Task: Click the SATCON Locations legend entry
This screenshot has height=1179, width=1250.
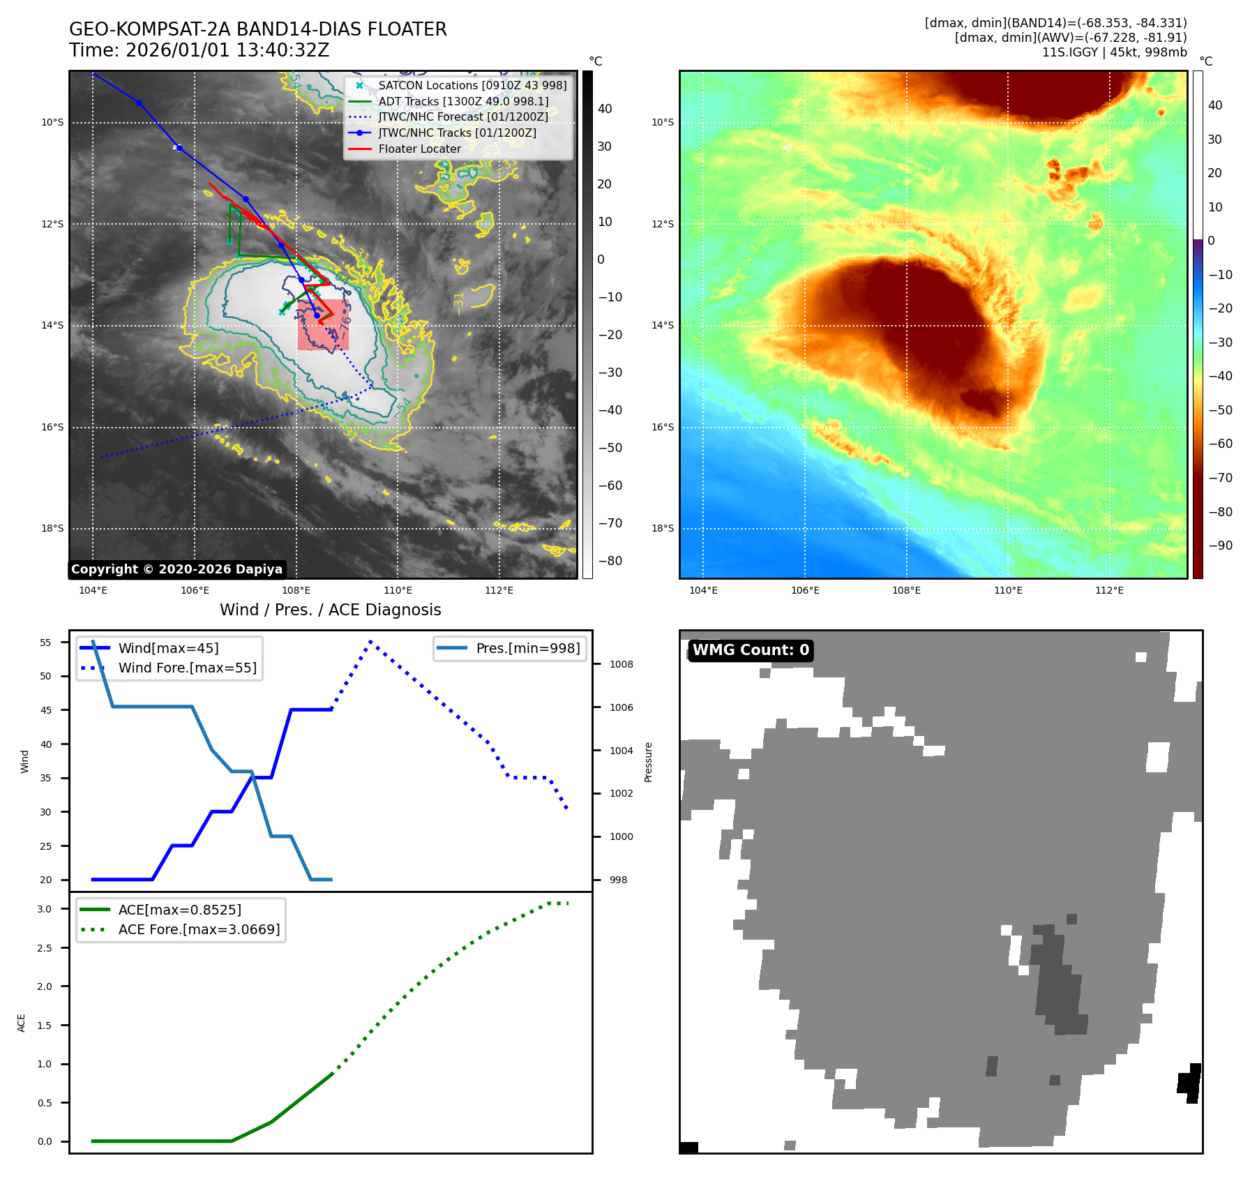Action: click(x=472, y=85)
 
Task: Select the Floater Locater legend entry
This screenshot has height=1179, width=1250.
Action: click(x=419, y=149)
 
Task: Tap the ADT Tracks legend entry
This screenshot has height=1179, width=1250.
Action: click(x=463, y=101)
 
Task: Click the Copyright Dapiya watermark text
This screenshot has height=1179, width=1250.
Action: click(x=176, y=569)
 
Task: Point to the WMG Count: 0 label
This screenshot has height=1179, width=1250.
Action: click(x=751, y=650)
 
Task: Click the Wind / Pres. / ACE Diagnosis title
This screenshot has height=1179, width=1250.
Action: click(x=330, y=610)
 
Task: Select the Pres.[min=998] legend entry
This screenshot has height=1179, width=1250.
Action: click(x=527, y=648)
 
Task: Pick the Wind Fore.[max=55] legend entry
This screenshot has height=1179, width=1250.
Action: click(x=187, y=668)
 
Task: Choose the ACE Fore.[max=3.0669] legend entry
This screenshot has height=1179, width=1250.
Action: click(x=199, y=929)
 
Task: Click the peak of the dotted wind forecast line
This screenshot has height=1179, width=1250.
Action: click(x=370, y=641)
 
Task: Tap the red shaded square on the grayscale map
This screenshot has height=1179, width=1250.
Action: click(x=323, y=324)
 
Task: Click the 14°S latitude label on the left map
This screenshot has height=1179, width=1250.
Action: click(x=52, y=325)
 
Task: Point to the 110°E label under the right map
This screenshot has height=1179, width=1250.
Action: click(x=1008, y=590)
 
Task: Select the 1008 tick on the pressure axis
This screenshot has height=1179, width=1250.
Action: click(x=621, y=664)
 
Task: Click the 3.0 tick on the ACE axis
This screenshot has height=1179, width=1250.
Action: click(x=45, y=909)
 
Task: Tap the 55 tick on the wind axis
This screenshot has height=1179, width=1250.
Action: click(x=45, y=643)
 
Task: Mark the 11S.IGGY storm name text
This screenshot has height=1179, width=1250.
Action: click(x=1070, y=52)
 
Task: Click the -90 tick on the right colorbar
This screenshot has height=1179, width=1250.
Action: click(x=1220, y=546)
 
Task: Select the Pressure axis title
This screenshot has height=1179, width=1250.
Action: click(x=648, y=762)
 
